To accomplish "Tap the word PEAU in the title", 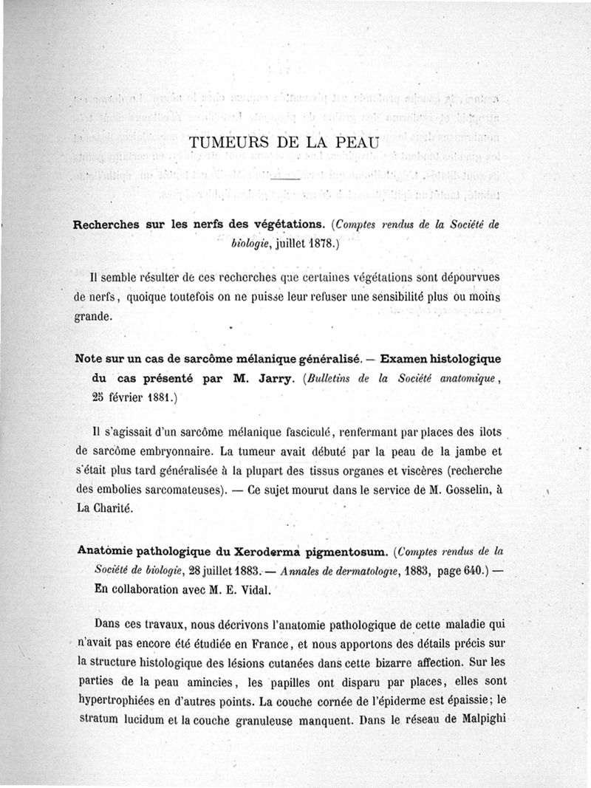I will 356,143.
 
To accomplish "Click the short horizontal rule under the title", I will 283,179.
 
